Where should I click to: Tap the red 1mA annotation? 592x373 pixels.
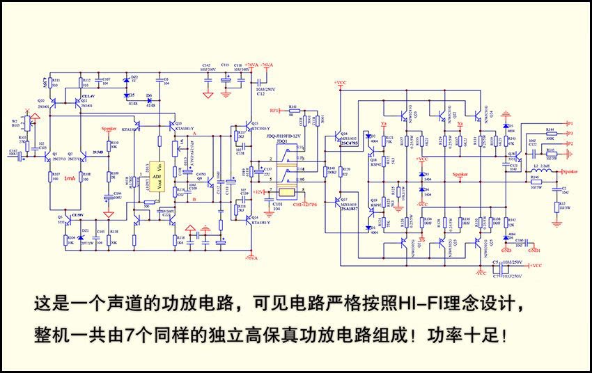coord(69,179)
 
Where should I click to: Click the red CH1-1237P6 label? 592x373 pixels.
coord(304,205)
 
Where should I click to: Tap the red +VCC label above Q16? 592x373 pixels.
coord(340,82)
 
